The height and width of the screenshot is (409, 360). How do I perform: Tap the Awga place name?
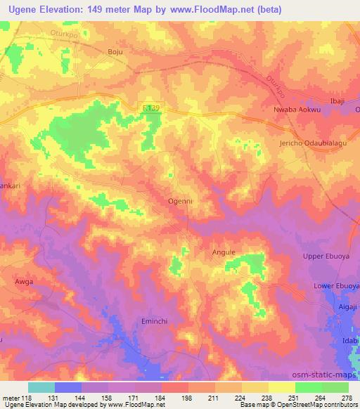[x=24, y=281]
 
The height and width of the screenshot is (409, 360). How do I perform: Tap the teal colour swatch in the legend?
[x=41, y=387]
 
